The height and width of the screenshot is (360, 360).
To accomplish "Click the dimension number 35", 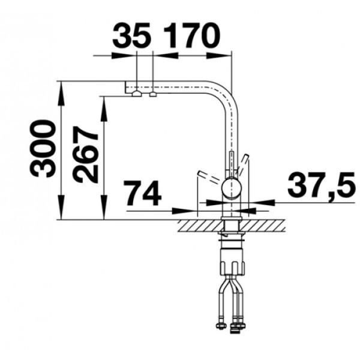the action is (131, 35).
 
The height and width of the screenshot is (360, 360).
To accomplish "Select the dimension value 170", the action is (192, 35).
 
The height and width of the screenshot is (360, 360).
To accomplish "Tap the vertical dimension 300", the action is (43, 149).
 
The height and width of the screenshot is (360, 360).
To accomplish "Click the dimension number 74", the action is (143, 193).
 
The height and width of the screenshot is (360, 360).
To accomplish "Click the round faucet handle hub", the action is (232, 189).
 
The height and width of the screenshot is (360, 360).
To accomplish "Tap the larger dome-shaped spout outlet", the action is (137, 94).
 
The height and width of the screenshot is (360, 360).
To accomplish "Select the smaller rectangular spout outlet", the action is (153, 94).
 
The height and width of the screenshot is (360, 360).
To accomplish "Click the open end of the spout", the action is (125, 87).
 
